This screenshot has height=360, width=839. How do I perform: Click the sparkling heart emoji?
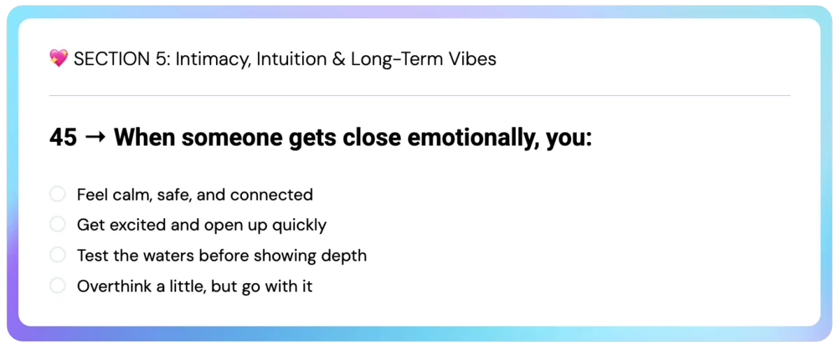click(x=59, y=58)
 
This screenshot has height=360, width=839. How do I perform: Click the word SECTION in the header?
click(x=112, y=59)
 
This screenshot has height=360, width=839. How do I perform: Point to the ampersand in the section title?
click(x=338, y=59)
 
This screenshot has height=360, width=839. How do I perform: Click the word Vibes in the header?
click(x=473, y=59)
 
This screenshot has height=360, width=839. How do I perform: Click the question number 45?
click(x=64, y=137)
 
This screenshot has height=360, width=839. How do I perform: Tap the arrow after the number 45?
click(x=96, y=138)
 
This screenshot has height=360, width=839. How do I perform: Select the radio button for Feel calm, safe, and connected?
click(x=57, y=194)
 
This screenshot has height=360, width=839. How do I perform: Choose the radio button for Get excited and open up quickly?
click(x=57, y=224)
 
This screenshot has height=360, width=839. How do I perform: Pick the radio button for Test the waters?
click(x=57, y=255)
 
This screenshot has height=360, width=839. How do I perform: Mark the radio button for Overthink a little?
click(x=57, y=286)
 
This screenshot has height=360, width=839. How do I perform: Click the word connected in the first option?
click(x=271, y=195)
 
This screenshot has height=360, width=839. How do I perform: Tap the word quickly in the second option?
click(x=299, y=226)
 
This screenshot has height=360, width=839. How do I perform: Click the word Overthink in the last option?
click(x=115, y=287)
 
